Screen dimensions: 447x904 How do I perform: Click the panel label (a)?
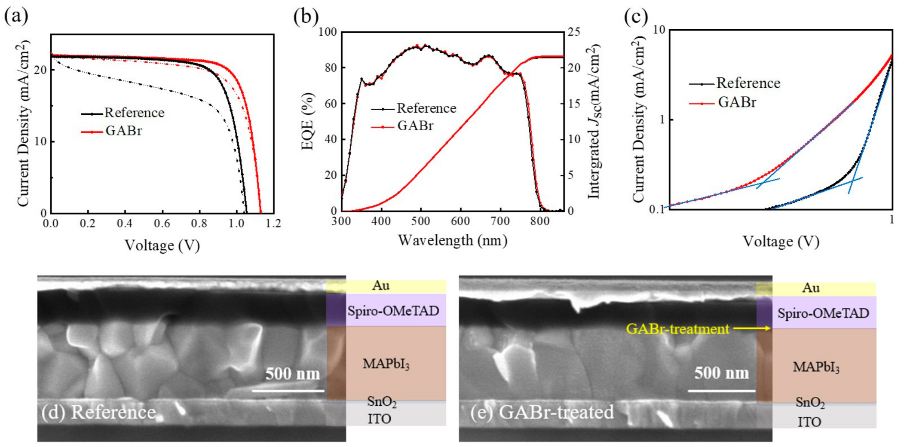pos(16,16)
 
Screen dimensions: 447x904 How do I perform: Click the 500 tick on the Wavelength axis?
pos(420,221)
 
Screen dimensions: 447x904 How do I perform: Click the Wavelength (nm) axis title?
pos(452,240)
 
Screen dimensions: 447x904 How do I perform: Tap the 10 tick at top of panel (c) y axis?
pos(659,30)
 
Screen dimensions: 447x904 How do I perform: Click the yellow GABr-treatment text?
pos(677,329)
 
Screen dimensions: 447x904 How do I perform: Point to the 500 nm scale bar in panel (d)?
pos(288,391)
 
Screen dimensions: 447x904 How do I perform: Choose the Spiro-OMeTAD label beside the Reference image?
pos(393,311)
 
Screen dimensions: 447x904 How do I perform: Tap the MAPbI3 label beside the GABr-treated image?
pos(816,367)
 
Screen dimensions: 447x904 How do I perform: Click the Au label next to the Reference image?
pos(381,285)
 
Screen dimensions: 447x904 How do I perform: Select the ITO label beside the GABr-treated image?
pos(809,422)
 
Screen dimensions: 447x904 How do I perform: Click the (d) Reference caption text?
pos(98,412)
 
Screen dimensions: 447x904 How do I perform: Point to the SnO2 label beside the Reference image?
pos(381,401)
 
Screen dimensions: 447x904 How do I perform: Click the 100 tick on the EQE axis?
pos(328,32)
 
